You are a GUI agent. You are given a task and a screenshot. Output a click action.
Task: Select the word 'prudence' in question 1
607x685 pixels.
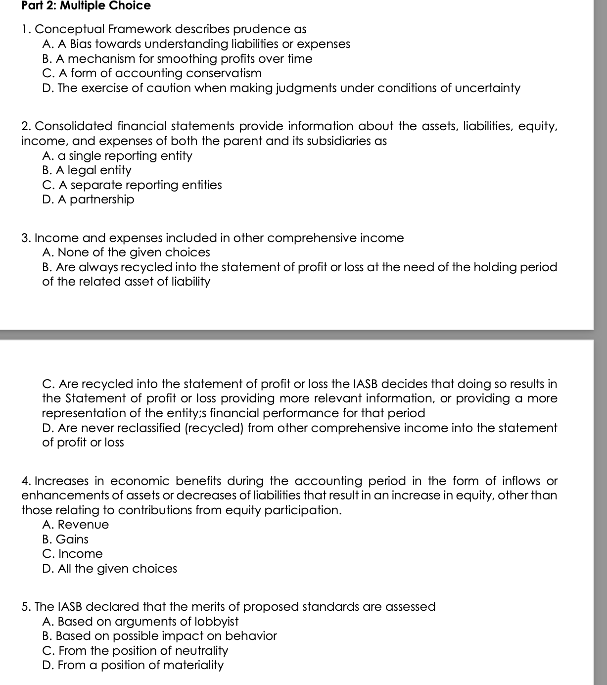(x=249, y=29)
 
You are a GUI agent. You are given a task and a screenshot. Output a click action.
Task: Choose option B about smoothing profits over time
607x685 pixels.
(x=178, y=59)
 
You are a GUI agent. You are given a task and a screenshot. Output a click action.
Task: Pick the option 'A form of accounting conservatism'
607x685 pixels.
(x=152, y=73)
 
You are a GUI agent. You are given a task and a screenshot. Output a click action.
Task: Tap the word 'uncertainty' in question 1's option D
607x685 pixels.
(x=486, y=88)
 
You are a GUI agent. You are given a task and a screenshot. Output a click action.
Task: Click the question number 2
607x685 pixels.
(x=26, y=126)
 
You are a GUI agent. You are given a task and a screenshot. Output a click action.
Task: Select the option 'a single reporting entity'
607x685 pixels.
(x=118, y=156)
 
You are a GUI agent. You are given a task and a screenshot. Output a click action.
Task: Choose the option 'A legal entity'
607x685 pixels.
(x=87, y=170)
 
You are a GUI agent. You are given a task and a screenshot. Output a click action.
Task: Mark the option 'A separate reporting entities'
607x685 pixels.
(x=133, y=185)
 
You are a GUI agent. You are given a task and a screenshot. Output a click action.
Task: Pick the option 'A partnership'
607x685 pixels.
(x=89, y=199)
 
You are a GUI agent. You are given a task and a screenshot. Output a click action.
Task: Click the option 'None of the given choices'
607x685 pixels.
(x=127, y=252)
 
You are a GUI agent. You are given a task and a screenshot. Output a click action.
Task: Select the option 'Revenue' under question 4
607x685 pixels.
(x=76, y=525)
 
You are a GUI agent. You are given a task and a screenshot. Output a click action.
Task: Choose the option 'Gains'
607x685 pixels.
(x=66, y=539)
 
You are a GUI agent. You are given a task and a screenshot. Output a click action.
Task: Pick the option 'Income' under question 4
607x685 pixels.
(x=73, y=554)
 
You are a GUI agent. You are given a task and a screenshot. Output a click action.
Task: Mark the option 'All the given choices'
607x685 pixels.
(x=110, y=569)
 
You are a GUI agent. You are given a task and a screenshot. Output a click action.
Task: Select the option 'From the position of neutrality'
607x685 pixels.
(x=136, y=651)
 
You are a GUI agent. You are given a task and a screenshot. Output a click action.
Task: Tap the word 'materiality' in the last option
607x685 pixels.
(x=193, y=665)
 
